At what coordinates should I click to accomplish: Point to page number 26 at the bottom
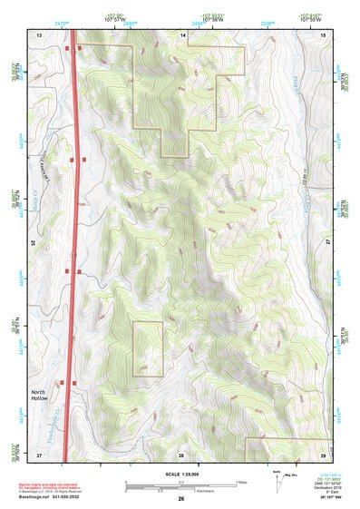[180, 499]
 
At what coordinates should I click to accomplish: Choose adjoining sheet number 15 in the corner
[324, 34]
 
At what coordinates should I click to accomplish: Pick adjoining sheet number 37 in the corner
[39, 455]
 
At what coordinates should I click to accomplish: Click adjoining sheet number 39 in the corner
[324, 455]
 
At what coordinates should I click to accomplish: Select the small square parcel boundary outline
[148, 348]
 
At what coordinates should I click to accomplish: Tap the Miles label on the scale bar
[240, 482]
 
